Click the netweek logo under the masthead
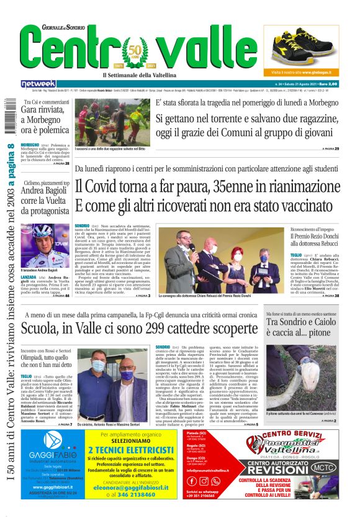(38, 83)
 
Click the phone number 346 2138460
(147, 494)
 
